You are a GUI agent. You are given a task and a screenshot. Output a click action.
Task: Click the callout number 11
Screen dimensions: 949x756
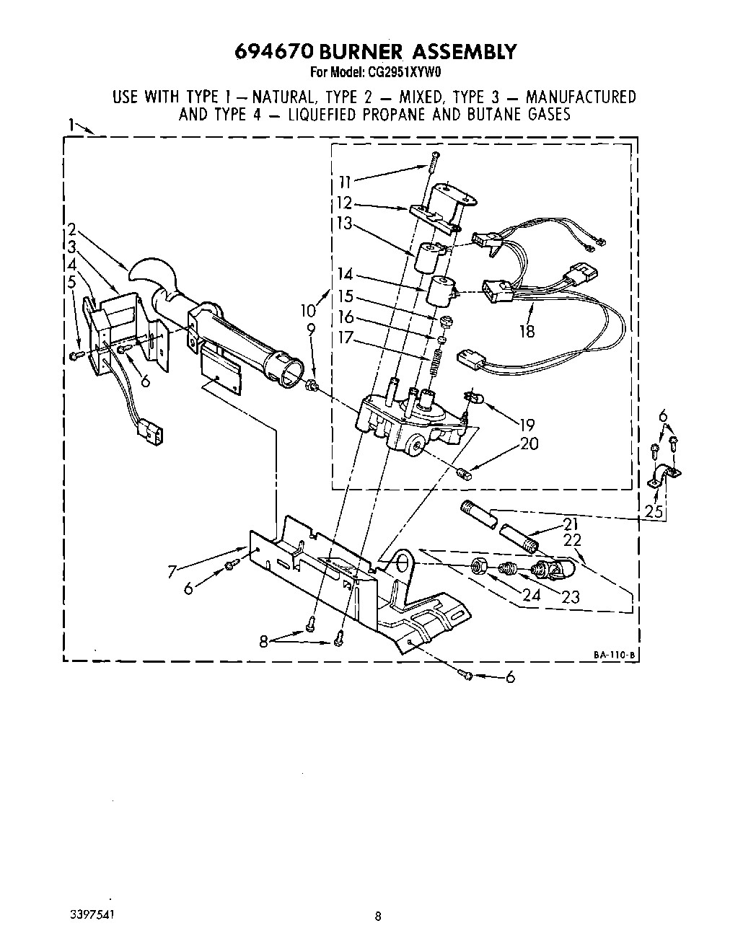coord(345,180)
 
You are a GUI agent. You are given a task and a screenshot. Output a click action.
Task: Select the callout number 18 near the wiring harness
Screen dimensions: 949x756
coord(527,331)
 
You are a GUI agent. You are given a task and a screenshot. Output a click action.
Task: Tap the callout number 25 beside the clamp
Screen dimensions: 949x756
coord(654,511)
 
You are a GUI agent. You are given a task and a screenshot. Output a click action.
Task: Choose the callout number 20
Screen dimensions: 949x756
coord(529,443)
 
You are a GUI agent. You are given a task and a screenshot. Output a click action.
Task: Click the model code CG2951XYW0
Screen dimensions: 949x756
coord(408,72)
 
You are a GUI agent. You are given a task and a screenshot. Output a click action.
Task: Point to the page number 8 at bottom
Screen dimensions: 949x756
coord(377,917)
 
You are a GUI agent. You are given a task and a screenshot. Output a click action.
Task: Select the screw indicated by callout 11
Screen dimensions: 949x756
coord(431,162)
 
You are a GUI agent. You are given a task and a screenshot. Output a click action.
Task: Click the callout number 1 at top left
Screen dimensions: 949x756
coord(71,124)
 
